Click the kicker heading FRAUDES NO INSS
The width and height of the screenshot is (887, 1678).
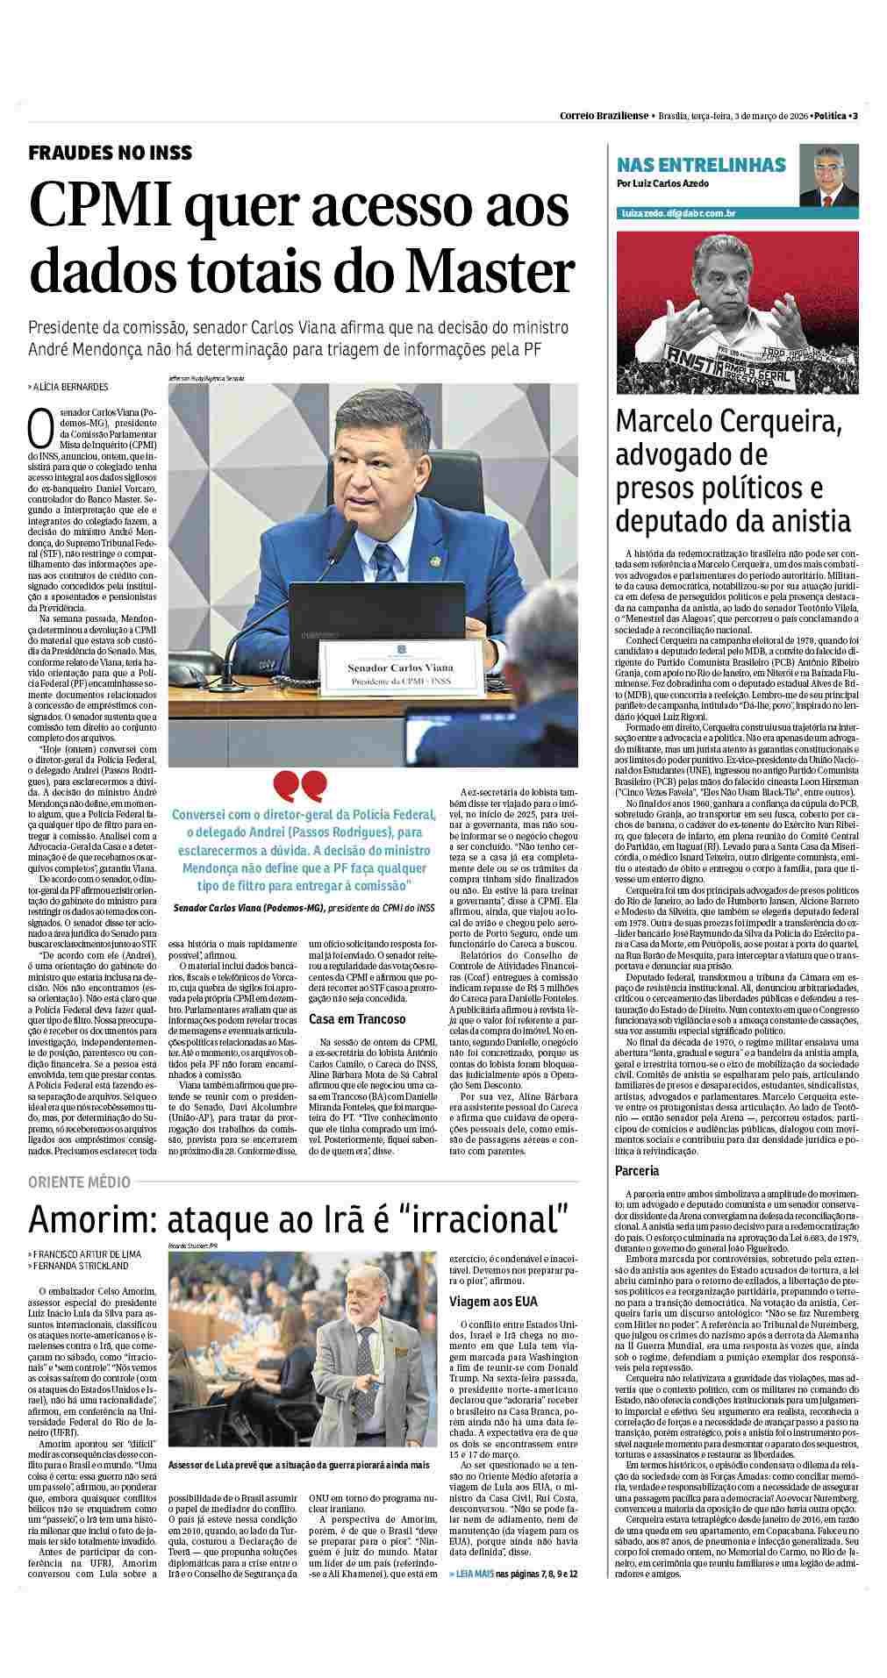110,154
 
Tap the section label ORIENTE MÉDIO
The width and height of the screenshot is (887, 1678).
79,1182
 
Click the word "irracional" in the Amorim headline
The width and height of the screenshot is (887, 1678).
473,1220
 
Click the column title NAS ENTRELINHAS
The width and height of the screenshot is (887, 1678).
701,165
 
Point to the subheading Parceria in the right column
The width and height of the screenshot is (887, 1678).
636,1171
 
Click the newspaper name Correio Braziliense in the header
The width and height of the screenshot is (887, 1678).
604,116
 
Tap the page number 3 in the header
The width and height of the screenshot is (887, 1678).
855,116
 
